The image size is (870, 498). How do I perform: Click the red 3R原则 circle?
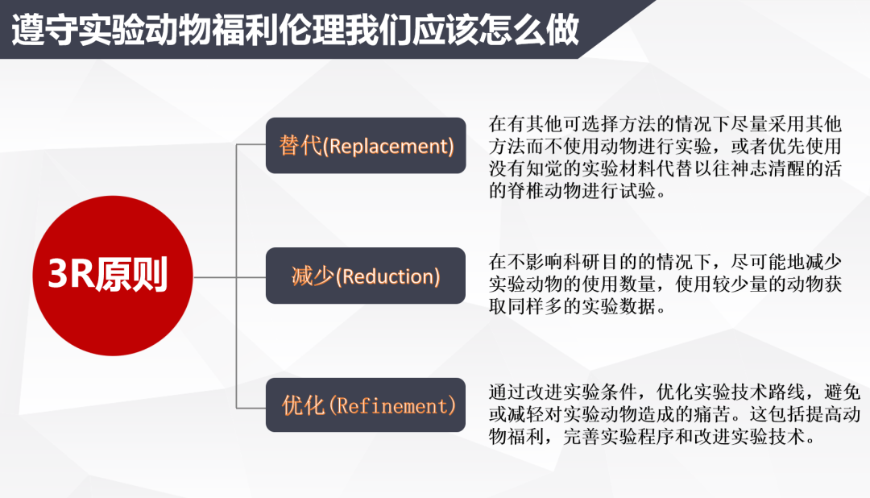[113, 276]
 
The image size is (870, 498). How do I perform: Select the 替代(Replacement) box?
[366, 146]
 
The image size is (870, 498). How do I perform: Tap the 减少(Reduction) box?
[366, 276]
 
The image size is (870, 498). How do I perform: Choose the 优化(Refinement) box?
[366, 405]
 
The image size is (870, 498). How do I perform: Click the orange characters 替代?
[300, 146]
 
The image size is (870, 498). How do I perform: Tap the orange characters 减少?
[313, 276]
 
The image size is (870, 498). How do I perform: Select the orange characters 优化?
[303, 405]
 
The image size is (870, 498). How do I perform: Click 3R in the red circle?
[71, 274]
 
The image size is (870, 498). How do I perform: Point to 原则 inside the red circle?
[131, 274]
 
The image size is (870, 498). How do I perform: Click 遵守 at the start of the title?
[45, 30]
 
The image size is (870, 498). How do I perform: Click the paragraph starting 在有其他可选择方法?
[665, 157]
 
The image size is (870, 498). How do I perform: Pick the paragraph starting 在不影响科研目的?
[665, 284]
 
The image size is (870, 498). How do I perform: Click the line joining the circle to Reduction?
[230, 277]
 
